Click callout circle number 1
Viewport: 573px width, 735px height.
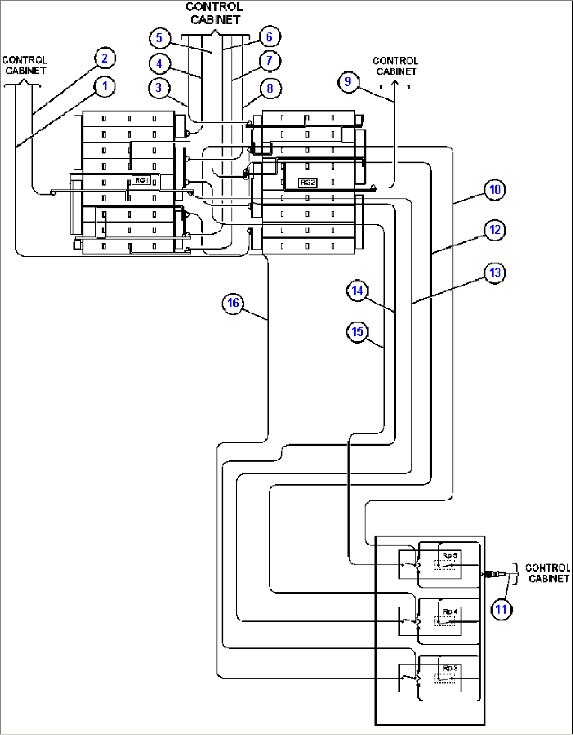click(105, 86)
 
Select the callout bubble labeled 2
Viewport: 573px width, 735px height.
click(105, 58)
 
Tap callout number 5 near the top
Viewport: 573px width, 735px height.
click(159, 37)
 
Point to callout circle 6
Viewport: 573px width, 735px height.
click(269, 36)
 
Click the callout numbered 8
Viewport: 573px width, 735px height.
click(270, 88)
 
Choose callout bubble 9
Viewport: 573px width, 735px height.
click(347, 81)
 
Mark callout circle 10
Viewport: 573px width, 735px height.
click(495, 189)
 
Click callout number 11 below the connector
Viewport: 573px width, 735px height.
click(502, 609)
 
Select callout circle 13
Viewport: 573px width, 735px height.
click(495, 273)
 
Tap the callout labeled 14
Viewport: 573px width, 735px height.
click(357, 291)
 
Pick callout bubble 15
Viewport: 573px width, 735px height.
click(357, 332)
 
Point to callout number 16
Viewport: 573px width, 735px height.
click(233, 303)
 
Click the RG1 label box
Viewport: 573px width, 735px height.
click(141, 180)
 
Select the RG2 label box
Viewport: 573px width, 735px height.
click(307, 182)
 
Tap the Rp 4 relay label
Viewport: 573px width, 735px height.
click(449, 612)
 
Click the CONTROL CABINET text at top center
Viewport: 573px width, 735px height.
click(214, 13)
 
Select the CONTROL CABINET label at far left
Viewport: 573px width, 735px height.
click(25, 65)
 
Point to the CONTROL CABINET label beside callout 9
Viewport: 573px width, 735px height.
click(396, 66)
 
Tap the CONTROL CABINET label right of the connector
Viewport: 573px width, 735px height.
click(548, 573)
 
